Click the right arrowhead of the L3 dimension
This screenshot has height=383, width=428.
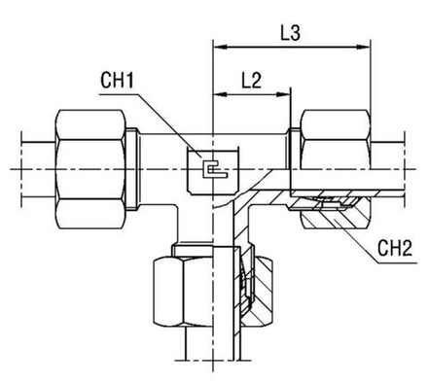367,45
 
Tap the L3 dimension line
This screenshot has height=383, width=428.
292,45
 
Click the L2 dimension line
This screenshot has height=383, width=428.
250,94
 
